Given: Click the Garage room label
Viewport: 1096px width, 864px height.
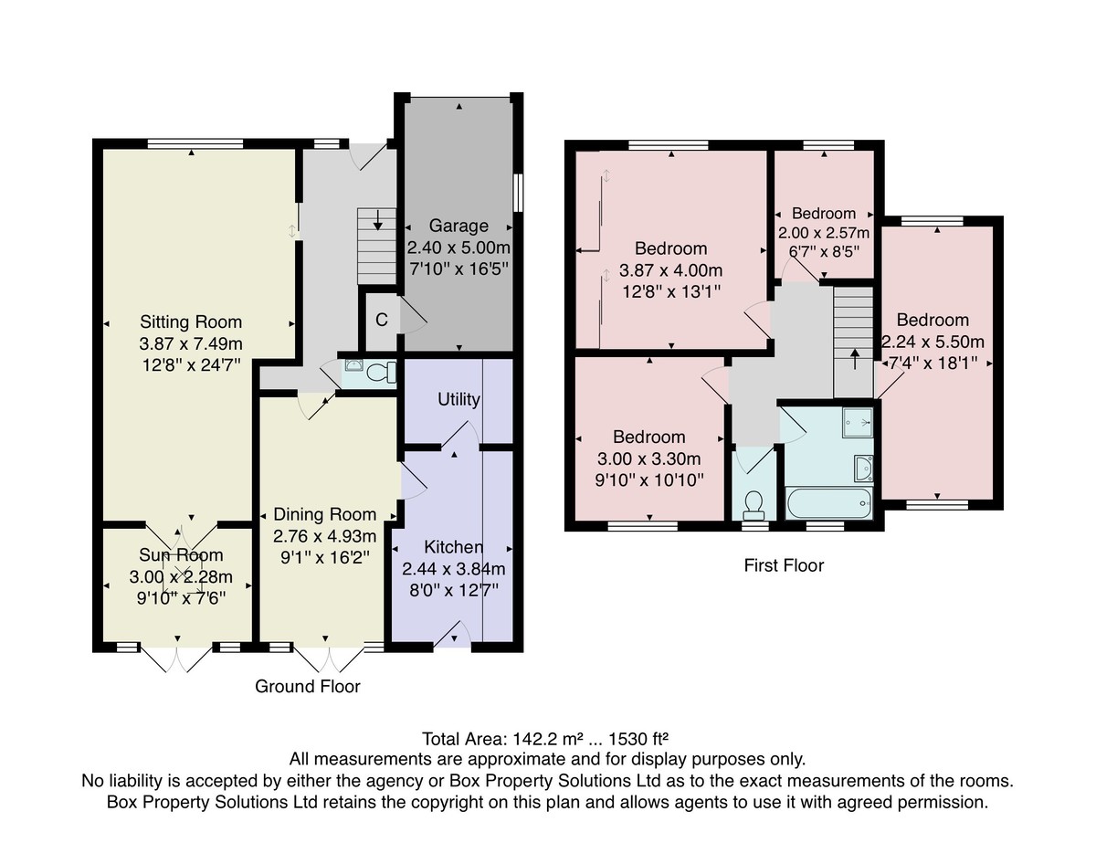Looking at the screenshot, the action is [x=458, y=226].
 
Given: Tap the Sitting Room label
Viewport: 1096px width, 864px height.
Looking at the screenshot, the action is [x=191, y=322].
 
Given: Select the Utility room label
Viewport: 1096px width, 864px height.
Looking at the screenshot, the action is [x=458, y=399].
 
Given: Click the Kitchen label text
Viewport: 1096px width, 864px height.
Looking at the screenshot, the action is [x=453, y=547].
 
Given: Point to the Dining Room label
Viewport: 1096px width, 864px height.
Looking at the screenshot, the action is [x=325, y=514].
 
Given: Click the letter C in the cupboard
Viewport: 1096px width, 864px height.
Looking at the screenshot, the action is [x=382, y=320].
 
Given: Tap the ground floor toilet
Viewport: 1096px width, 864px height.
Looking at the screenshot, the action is [x=381, y=372].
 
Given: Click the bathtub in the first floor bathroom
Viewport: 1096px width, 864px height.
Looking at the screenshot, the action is [x=829, y=503].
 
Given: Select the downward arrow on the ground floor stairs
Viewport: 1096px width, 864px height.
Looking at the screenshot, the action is [x=377, y=219].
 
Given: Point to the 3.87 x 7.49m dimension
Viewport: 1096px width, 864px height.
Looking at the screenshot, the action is [x=191, y=344].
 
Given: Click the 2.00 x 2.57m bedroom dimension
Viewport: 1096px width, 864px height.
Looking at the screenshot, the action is [x=824, y=233].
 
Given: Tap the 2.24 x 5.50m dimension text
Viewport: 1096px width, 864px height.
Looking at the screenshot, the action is [x=933, y=342].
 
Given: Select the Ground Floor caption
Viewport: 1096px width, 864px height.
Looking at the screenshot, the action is [x=308, y=687].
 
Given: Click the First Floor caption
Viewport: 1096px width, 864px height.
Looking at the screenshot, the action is [x=784, y=565].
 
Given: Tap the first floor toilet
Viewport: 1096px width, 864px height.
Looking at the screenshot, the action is [x=753, y=501].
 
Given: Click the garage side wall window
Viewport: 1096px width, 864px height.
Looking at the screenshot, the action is [x=518, y=193].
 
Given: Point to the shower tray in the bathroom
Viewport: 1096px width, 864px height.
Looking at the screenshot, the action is [x=857, y=422].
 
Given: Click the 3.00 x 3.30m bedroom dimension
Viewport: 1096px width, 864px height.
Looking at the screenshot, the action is [x=648, y=459].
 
